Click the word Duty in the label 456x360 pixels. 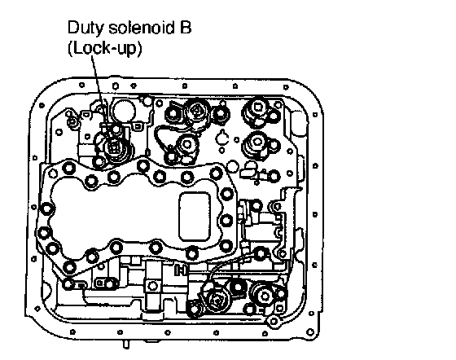85,29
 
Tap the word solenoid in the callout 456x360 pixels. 140,28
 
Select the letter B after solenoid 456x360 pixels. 185,28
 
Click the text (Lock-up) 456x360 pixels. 105,49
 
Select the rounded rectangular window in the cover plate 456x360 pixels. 195,217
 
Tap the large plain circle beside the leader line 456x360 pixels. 123,110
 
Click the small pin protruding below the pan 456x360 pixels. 126,345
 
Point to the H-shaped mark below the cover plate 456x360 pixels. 180,270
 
